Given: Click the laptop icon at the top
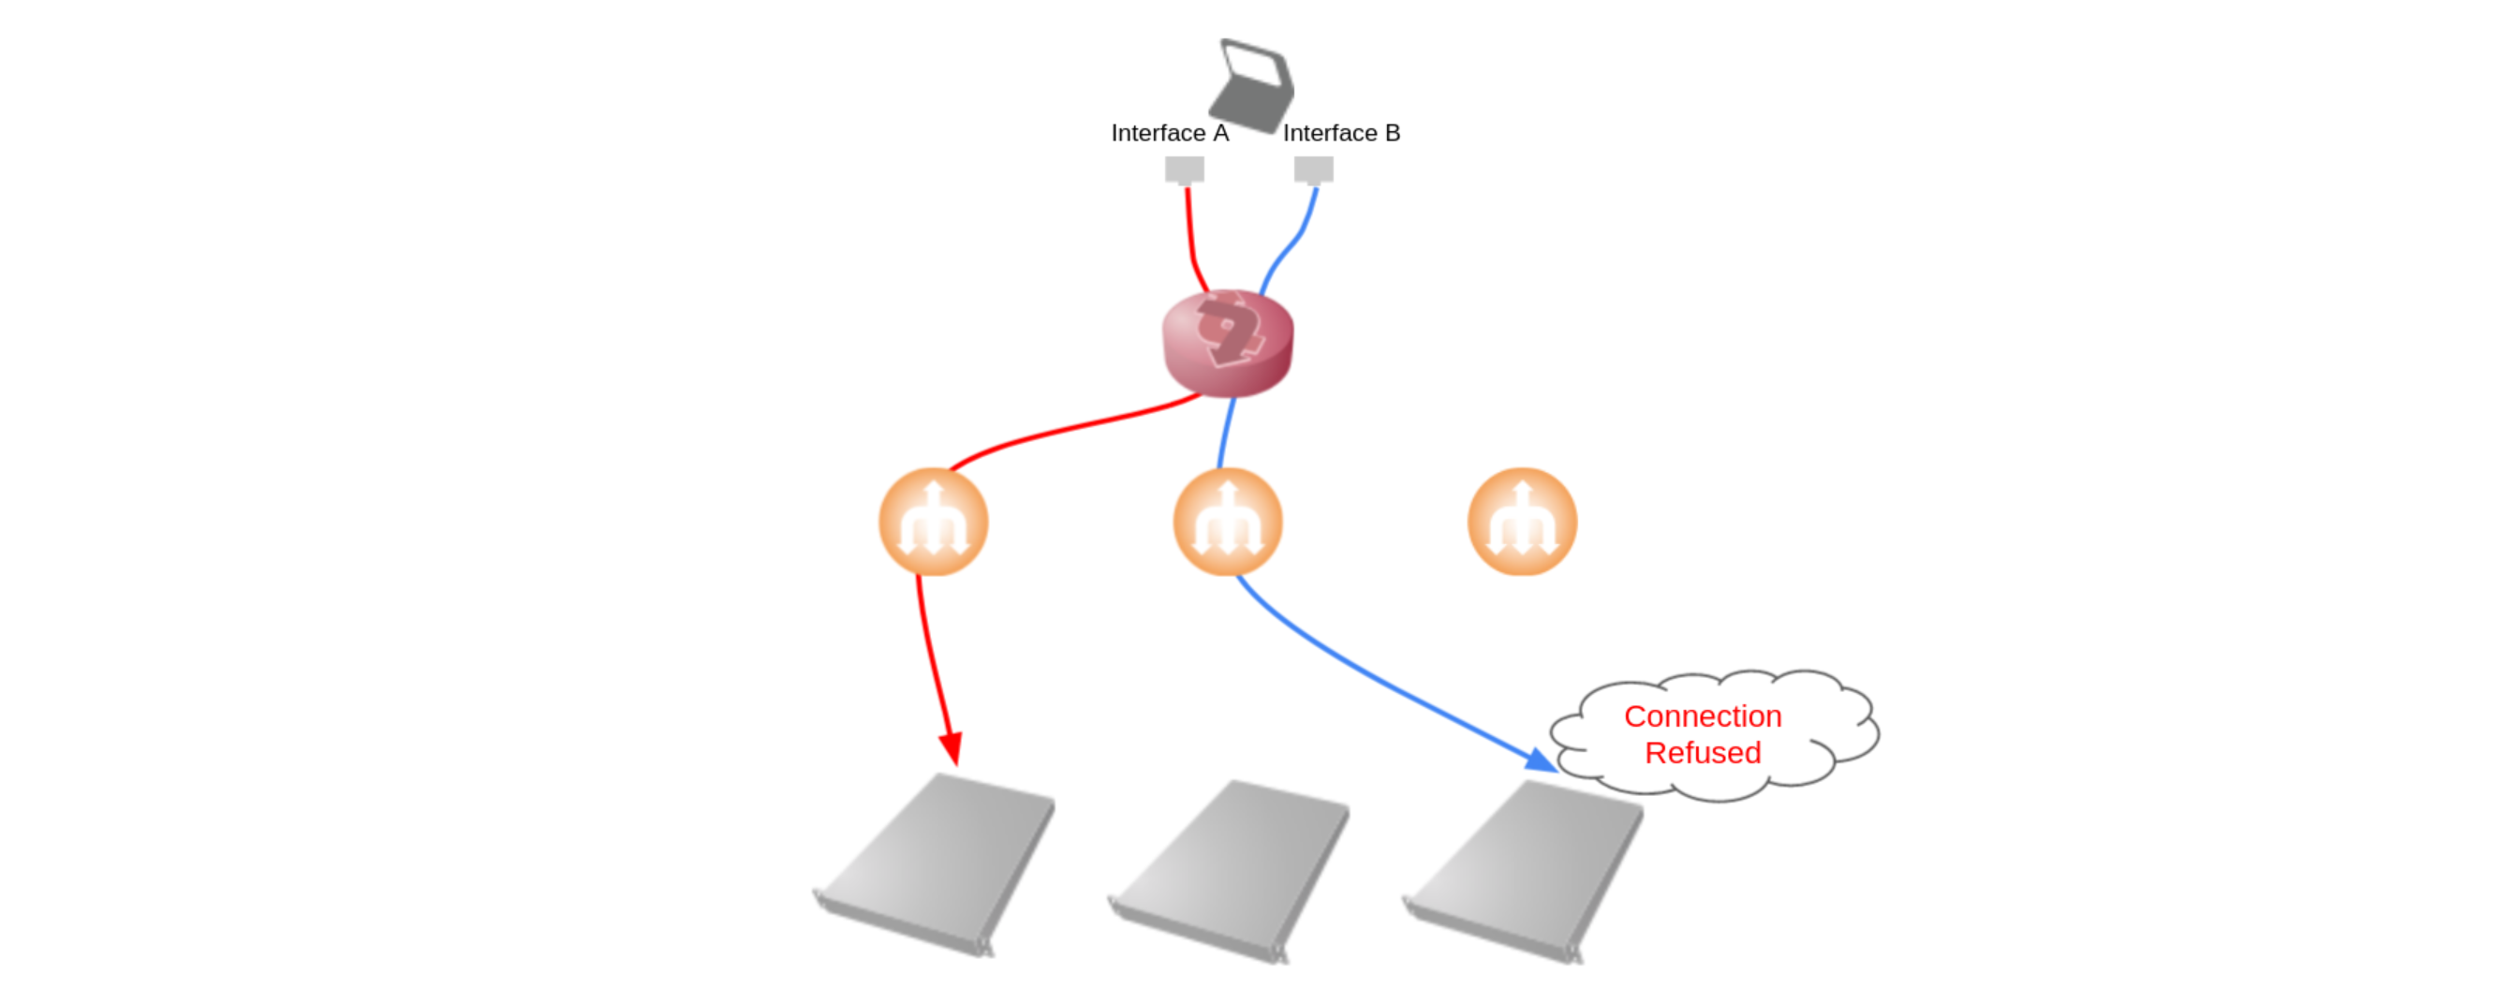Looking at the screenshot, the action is [x=1251, y=86].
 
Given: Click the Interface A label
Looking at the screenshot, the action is [x=1170, y=133].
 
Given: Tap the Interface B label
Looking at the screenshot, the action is [x=1341, y=133].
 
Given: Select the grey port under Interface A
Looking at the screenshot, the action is [x=1185, y=170].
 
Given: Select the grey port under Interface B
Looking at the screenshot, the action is [x=1314, y=170].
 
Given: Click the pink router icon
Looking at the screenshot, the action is [x=1228, y=343].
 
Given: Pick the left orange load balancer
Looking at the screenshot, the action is [x=934, y=522].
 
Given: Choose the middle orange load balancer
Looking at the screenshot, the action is [x=1228, y=522].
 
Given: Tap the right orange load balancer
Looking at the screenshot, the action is [x=1522, y=522].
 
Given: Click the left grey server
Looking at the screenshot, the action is [x=935, y=864].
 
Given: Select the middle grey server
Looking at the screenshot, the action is [x=1229, y=872].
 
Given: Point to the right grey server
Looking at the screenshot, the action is [x=1525, y=872].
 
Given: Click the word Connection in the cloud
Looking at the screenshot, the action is [x=1703, y=716].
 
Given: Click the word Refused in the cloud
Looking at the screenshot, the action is [x=1703, y=753].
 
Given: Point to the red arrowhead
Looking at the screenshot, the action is [x=952, y=749].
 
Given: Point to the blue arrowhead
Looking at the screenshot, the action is [x=1541, y=760].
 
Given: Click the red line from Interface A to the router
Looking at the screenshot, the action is [x=1192, y=241].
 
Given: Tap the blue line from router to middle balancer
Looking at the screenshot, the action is [x=1226, y=434].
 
